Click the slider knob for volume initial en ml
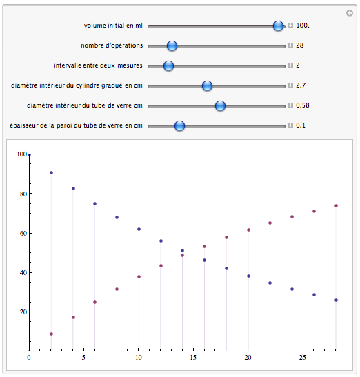[278, 26]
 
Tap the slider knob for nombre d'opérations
[172, 45]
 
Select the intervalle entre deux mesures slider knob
[168, 65]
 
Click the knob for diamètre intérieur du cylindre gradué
[207, 85]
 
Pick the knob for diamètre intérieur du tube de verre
[220, 105]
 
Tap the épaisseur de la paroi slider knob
[179, 125]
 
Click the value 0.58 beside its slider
[303, 105]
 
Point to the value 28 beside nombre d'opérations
[299, 45]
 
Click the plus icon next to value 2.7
[291, 85]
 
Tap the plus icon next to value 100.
[291, 26]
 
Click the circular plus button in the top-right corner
[350, 13]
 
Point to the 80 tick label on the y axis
[23, 194]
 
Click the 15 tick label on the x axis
[193, 358]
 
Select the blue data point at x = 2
[51, 172]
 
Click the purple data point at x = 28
[336, 206]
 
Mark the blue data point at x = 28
[336, 300]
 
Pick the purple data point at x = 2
[51, 334]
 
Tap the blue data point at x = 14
[182, 251]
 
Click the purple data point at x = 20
[248, 230]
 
